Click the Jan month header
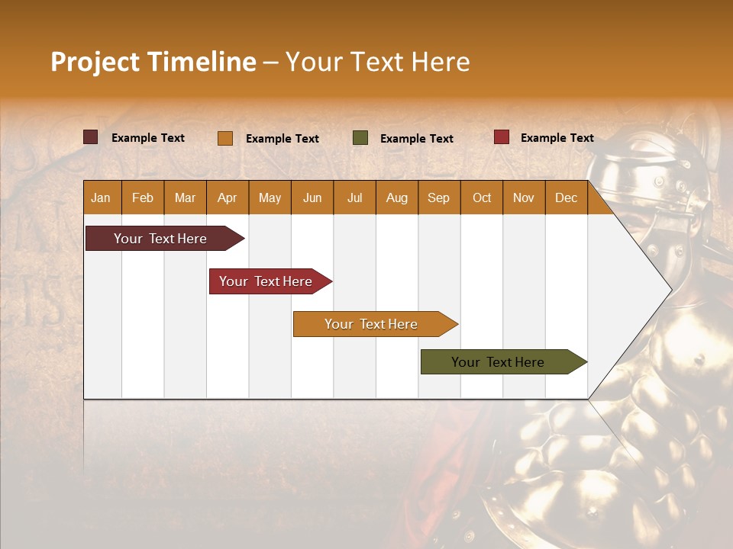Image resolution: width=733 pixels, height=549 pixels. [102, 197]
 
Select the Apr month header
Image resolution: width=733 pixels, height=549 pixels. [228, 197]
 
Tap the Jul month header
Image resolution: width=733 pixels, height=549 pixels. [354, 197]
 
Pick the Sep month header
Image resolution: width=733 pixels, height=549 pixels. [439, 197]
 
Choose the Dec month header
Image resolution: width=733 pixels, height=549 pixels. [566, 197]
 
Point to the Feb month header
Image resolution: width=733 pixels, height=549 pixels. [143, 197]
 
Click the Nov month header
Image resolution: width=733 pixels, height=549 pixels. [524, 197]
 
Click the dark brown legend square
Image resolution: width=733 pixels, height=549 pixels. [91, 137]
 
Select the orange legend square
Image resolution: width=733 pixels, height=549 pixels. [225, 138]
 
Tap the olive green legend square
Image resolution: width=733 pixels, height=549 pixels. [360, 138]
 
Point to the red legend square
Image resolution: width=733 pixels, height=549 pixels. [502, 137]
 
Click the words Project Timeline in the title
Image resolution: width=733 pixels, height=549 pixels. [153, 62]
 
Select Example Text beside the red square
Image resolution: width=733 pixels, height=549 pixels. [557, 138]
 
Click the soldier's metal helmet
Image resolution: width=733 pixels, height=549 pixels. [649, 175]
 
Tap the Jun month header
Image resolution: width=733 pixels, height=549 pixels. [312, 197]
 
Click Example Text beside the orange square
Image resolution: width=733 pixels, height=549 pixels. [282, 139]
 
